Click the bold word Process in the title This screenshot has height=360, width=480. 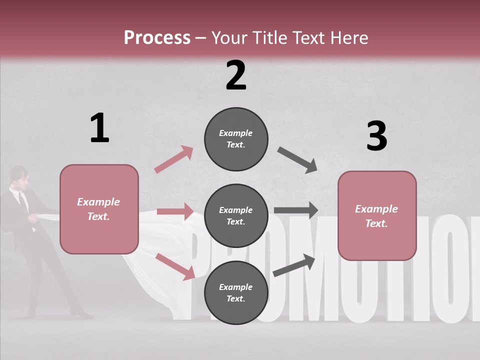(157, 37)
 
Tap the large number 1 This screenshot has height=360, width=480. (99, 128)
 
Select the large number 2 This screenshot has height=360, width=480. (236, 75)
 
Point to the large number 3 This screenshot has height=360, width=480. (376, 136)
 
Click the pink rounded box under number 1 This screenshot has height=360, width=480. (99, 209)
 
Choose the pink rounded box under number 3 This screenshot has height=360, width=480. (377, 215)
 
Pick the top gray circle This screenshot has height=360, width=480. (236, 139)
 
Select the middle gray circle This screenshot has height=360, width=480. (236, 215)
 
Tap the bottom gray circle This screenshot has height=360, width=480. (236, 292)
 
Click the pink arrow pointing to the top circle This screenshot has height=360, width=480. (174, 159)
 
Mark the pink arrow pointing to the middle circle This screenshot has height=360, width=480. (175, 211)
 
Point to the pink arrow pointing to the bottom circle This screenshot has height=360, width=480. (175, 266)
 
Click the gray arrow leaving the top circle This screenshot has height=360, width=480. (297, 160)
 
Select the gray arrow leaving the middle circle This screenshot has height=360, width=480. (296, 210)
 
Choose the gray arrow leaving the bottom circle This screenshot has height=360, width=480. (294, 265)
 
